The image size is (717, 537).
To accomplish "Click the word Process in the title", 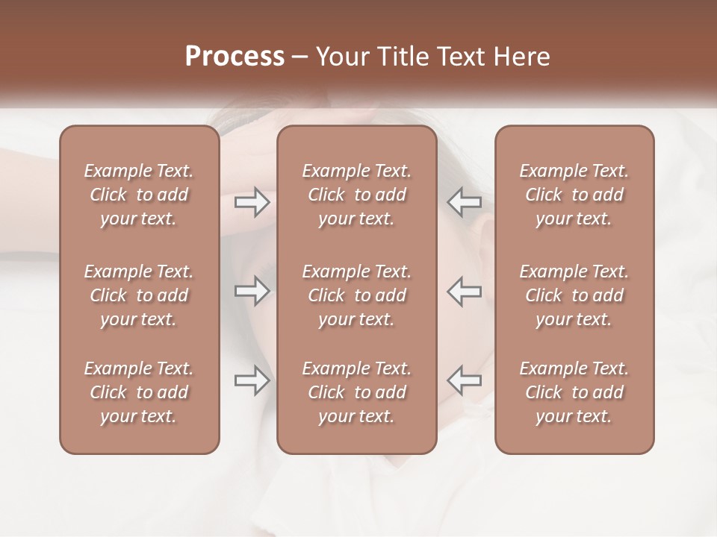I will point(235,57).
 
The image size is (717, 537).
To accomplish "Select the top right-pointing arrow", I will point(252,201).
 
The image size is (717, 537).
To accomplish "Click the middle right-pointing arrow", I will point(252,291).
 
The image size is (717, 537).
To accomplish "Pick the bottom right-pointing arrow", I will point(252,380).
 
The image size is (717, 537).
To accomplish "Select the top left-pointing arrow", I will point(464,201).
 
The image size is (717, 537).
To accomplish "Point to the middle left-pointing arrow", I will point(464,291).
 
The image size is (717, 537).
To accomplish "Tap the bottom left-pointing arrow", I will point(464,380).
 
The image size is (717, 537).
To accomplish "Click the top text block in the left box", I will point(139,195).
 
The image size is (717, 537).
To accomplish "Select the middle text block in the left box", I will point(139,295).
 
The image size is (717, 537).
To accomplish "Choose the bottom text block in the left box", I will point(139,392).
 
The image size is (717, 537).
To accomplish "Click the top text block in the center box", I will point(357,195).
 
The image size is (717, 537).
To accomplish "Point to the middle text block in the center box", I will point(357,295).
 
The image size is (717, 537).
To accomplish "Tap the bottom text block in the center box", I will point(357,392).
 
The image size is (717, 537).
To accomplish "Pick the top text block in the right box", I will point(574,195).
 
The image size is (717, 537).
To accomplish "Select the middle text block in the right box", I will point(574,295).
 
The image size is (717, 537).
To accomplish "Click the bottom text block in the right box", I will point(574,392).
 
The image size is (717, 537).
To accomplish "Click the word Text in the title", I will point(459,57).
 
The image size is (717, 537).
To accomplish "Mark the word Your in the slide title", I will point(341,57).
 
